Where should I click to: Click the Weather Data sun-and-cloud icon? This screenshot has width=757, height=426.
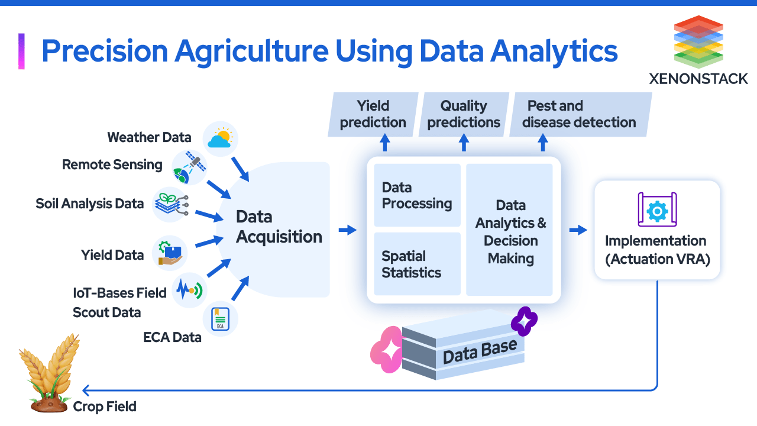coord(220,139)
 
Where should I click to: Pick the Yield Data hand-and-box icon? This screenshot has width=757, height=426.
coord(170,253)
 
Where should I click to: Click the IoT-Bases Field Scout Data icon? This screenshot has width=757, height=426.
coord(189,290)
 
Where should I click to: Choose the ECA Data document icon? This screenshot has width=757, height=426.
coord(220,319)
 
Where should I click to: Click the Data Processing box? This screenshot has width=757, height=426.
coord(417,195)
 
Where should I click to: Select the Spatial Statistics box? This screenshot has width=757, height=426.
coord(417,264)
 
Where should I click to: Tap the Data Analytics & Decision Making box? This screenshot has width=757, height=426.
coord(510,231)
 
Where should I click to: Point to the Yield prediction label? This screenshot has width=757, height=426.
coord(373,114)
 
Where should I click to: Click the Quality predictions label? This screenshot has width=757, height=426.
coord(464,114)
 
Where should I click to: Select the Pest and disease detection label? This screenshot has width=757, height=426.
coord(580,114)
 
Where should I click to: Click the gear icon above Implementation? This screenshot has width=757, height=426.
coord(657,211)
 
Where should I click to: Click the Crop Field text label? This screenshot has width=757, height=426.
coord(105,406)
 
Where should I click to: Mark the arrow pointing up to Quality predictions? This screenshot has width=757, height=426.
coord(464,142)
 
